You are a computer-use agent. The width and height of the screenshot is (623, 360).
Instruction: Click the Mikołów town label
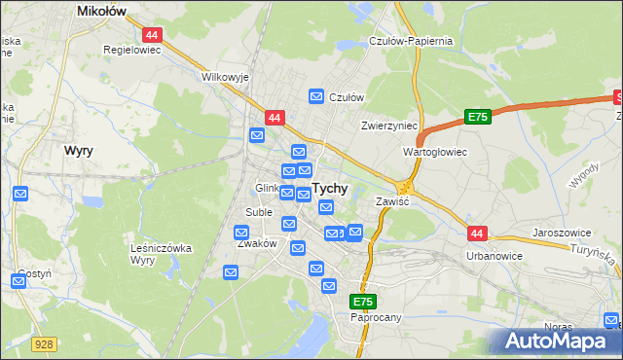104,12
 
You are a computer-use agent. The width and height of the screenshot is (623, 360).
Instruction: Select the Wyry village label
78,151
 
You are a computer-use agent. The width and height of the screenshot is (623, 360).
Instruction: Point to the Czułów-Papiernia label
411,41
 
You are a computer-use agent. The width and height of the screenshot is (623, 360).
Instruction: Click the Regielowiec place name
131,47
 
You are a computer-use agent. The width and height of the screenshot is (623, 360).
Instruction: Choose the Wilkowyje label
226,76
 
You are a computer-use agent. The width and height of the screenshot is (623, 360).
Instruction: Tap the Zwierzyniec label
388,126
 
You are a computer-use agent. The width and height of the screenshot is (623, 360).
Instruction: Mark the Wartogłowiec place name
435,153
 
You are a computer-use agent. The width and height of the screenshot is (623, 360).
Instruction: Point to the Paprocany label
375,317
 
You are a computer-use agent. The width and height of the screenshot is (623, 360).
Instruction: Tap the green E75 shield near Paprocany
363,303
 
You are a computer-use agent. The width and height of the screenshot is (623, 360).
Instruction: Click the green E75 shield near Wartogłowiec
476,117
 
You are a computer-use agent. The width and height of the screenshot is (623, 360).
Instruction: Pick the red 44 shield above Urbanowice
476,234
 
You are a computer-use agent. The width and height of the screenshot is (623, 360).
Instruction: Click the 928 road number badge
43,343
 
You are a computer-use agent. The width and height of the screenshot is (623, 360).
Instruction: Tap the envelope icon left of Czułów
316,96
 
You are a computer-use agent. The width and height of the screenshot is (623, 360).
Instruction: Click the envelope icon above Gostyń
18,282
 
